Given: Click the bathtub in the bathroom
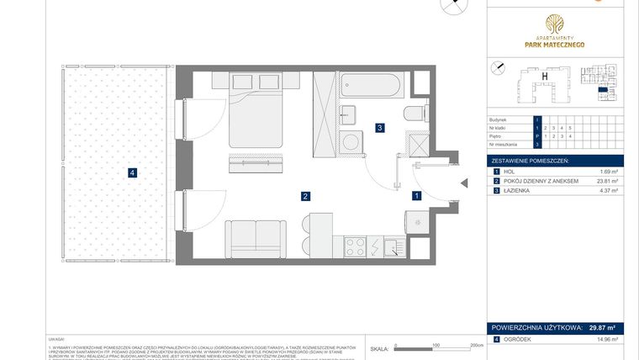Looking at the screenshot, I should coord(372,85).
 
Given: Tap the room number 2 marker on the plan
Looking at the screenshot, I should coord(307,196).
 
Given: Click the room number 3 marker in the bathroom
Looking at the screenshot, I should coord(380,128).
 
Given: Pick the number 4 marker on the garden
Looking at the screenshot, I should coord(132,173).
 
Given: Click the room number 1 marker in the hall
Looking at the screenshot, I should coord(416,195).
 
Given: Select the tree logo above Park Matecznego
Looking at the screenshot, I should coord(554,23).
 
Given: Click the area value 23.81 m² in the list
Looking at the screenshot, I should coord(606,181).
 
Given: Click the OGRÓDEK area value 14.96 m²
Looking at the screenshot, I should coord(605,339).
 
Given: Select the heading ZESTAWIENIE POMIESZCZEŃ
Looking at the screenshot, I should coord(530,159).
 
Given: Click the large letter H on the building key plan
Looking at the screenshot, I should coord(545,77).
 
